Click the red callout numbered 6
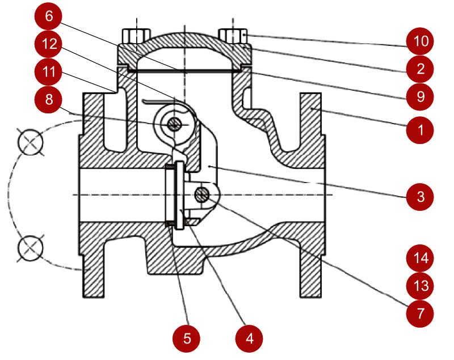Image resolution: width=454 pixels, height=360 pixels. (48, 16)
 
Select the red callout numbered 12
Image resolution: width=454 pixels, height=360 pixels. (48, 44)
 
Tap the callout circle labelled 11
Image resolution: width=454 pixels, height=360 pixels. (48, 71)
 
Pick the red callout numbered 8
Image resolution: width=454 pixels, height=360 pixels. (48, 99)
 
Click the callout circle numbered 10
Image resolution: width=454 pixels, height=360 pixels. (420, 41)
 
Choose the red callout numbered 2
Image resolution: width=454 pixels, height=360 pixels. (420, 69)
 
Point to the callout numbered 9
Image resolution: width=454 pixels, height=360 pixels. (420, 96)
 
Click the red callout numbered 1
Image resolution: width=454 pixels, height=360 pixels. (420, 130)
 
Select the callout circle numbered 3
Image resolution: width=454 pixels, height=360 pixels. (420, 197)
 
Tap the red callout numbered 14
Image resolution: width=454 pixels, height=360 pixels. (420, 258)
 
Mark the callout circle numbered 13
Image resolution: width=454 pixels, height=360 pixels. (420, 286)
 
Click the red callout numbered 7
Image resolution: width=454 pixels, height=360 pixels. (420, 314)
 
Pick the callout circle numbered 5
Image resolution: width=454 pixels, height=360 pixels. (187, 338)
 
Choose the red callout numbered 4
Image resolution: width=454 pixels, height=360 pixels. (249, 338)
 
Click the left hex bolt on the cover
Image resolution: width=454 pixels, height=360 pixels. (136, 36)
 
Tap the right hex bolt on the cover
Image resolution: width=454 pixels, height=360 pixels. (233, 36)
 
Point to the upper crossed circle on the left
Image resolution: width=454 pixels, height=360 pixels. (31, 142)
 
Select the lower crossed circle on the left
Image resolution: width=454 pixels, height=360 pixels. (31, 248)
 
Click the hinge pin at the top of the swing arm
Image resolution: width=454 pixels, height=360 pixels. (174, 125)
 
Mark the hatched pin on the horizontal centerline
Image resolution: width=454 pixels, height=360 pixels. (202, 194)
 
